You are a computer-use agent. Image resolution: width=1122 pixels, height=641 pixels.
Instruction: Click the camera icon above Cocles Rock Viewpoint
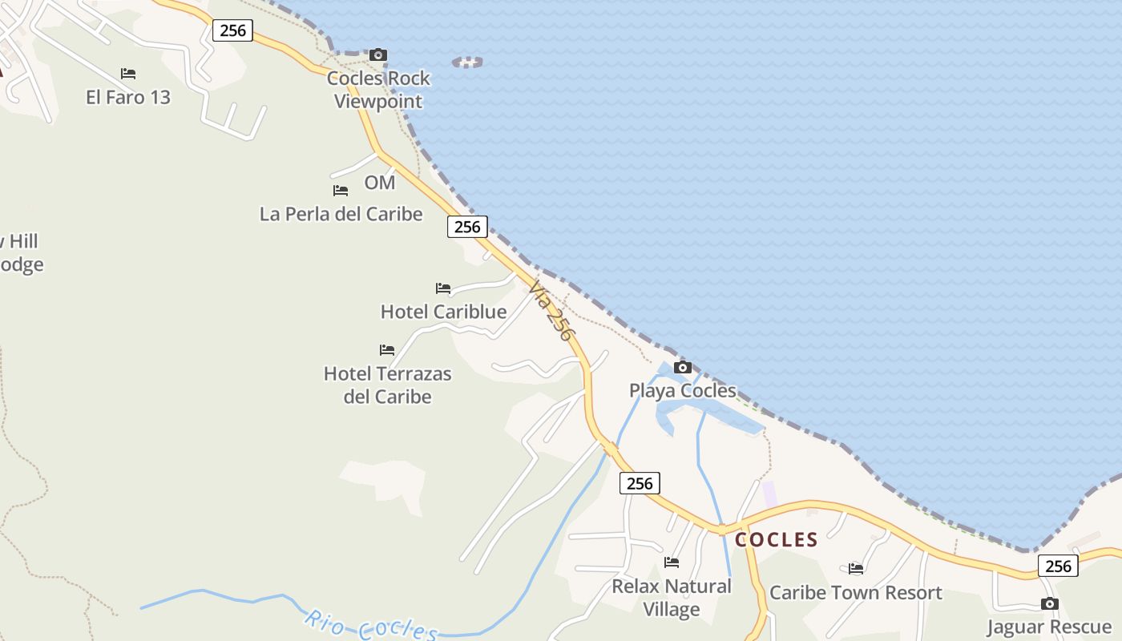378,55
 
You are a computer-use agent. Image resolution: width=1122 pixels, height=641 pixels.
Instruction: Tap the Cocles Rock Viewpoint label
378,90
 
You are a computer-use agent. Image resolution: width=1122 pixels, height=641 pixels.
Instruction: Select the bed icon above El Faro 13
128,74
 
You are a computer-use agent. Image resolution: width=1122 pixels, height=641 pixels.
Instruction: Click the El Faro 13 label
128,97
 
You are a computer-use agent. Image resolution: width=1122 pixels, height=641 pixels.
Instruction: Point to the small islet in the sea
468,62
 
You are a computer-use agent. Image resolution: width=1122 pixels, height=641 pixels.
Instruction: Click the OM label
380,183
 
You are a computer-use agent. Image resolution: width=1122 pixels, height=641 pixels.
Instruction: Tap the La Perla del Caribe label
341,214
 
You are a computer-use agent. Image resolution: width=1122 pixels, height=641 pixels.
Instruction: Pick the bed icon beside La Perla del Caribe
341,191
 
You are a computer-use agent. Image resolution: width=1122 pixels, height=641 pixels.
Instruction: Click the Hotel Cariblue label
443,312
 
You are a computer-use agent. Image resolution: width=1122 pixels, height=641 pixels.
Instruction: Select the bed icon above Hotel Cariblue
443,288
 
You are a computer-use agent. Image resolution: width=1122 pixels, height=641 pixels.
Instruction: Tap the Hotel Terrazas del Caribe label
388,385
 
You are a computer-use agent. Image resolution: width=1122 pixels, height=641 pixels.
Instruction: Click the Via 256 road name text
551,312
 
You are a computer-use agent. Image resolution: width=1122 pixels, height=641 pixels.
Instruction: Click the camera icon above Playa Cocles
683,368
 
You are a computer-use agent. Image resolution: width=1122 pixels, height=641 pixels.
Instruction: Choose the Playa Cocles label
683,391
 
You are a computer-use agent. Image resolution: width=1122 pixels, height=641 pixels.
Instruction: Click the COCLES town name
777,539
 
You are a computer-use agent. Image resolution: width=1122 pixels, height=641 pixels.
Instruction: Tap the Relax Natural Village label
672,598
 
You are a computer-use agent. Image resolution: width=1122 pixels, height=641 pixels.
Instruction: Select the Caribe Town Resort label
856,593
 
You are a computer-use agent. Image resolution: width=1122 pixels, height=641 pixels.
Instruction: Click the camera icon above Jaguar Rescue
1050,604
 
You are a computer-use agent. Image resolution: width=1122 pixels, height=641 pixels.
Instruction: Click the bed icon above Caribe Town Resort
856,569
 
